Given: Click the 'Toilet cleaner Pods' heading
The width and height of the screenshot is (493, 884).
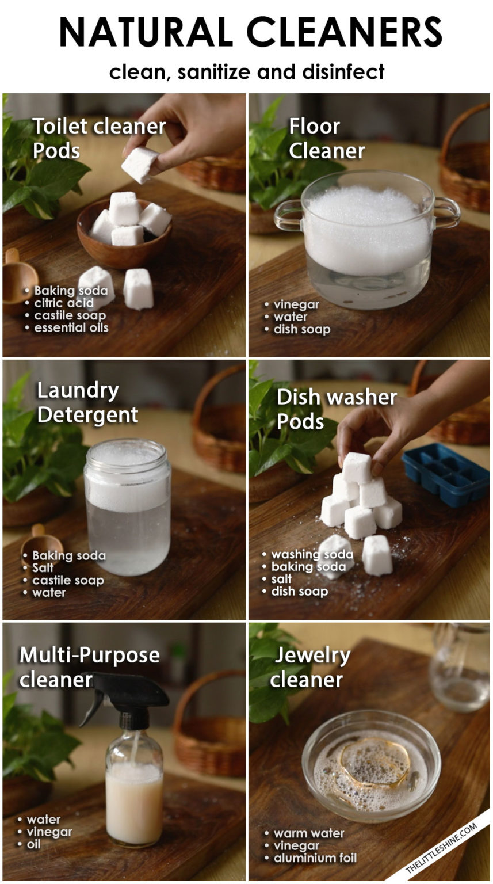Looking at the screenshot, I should [98, 138].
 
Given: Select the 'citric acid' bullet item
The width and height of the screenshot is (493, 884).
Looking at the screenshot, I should [63, 303].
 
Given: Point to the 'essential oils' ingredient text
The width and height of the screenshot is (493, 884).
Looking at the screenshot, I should [71, 328].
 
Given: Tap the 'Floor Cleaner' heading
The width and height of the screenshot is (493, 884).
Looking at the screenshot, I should [326, 138].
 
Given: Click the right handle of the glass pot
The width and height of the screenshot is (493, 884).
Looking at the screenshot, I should [447, 213].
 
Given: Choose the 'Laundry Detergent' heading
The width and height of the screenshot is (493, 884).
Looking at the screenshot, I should [87, 402].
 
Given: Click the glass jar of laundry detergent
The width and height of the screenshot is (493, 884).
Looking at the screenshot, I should [127, 506].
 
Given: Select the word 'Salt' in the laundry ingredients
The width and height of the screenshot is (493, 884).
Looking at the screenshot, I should [43, 568].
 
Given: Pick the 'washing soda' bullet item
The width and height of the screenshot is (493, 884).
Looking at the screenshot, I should [312, 554].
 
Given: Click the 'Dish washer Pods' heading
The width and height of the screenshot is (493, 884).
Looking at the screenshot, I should [336, 409].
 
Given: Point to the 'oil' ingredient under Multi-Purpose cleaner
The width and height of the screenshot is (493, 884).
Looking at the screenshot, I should [33, 844].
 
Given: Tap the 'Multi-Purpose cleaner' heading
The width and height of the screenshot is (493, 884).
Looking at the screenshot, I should [89, 667].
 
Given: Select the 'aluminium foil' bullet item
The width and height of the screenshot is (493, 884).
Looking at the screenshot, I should [315, 858].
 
